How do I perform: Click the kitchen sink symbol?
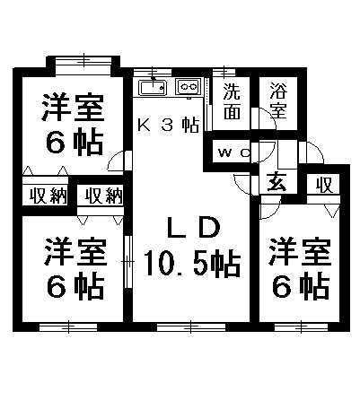click(153, 87)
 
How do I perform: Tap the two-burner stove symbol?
click(189, 87)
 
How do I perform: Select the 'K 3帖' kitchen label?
click(168, 125)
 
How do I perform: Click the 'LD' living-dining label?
click(194, 228)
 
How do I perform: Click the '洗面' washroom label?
click(232, 100)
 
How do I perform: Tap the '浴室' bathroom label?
click(278, 100)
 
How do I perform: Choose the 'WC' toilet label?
click(234, 152)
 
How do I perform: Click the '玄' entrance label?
click(277, 182)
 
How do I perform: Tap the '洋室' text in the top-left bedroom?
click(74, 108)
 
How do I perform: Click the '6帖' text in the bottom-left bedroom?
click(75, 289)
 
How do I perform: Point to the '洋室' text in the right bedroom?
click(300, 252)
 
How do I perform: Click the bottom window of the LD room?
click(191, 327)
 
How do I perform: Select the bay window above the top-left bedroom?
click(83, 62)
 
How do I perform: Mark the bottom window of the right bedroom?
click(302, 327)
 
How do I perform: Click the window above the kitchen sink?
click(153, 72)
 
